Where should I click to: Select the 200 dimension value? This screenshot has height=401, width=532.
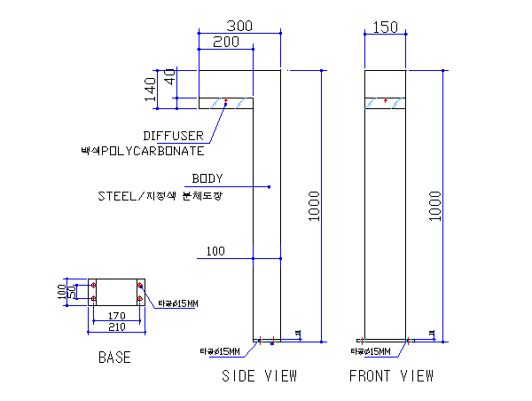point(226,42)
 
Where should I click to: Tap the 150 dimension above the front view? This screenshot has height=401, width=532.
point(386,28)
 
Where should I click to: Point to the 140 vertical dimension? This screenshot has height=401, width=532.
point(151,88)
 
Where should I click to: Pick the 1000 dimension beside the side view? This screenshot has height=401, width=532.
point(315,206)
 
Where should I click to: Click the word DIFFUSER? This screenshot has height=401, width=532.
point(174,136)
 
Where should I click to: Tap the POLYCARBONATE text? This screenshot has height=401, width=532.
point(146,151)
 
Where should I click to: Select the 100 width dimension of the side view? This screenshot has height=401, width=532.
point(215,251)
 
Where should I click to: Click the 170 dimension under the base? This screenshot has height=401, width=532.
point(116,315)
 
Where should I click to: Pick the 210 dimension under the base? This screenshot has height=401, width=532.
point(116,326)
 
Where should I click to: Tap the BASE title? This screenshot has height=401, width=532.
point(114,358)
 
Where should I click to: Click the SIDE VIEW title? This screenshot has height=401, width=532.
point(259,376)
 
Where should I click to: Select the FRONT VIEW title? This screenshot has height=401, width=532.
point(391,376)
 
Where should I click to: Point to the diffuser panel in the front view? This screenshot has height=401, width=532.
point(386,103)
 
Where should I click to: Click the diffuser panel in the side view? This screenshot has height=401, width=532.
point(226,103)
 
